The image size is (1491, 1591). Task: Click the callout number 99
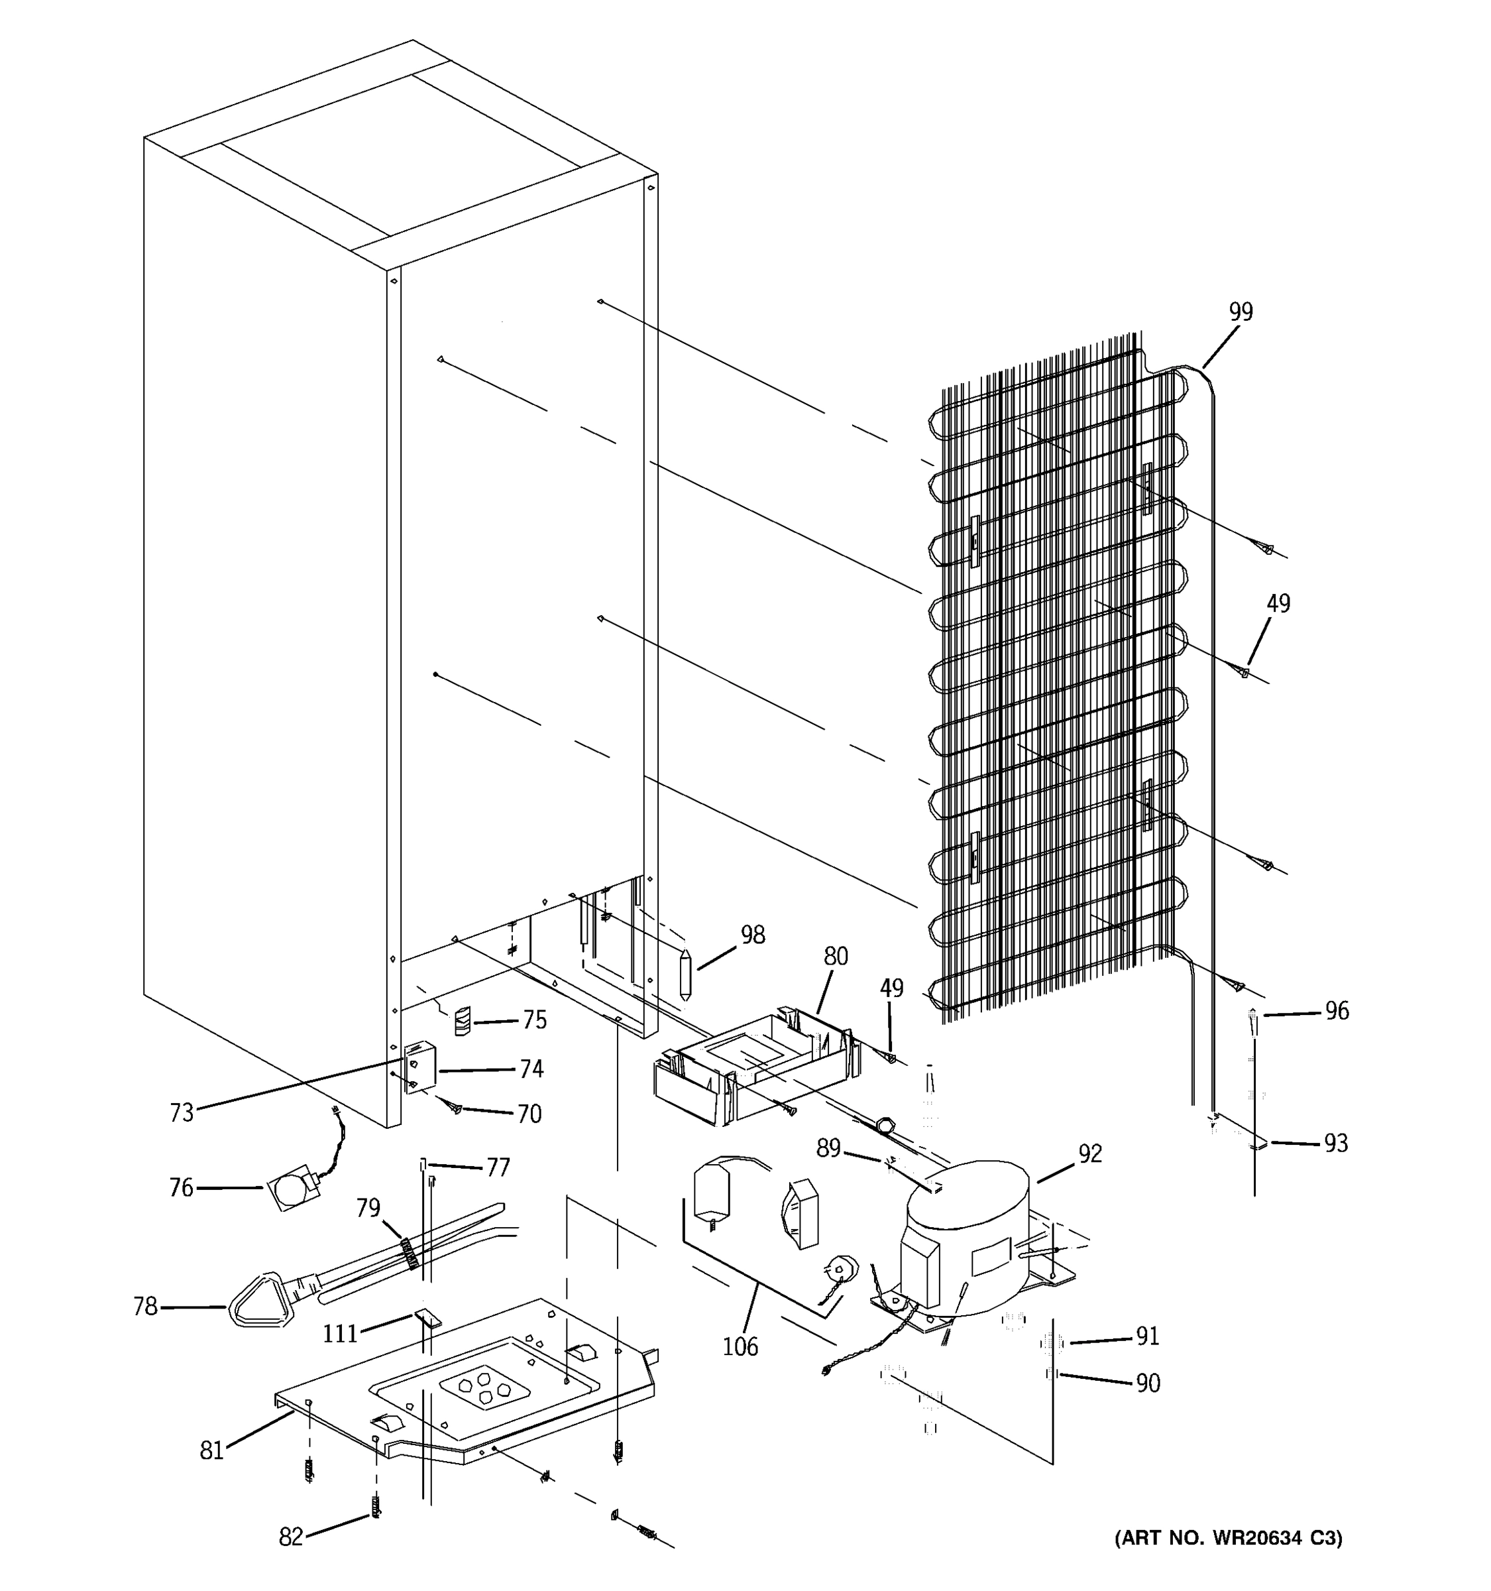pyautogui.click(x=1240, y=312)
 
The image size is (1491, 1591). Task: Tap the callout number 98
pyautogui.click(x=752, y=935)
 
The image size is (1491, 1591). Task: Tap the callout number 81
pyautogui.click(x=211, y=1450)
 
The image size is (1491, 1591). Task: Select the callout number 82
pyautogui.click(x=290, y=1537)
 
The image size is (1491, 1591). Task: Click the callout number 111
pyautogui.click(x=340, y=1333)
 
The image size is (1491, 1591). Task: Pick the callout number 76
pyautogui.click(x=181, y=1188)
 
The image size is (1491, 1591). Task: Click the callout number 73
pyautogui.click(x=182, y=1112)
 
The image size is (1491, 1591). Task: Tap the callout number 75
pyautogui.click(x=534, y=1020)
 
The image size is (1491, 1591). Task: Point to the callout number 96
pyautogui.click(x=1337, y=1011)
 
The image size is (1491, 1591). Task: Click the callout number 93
pyautogui.click(x=1335, y=1144)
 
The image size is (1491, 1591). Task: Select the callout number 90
pyautogui.click(x=1148, y=1383)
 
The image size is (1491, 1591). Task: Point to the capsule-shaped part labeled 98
pyautogui.click(x=685, y=973)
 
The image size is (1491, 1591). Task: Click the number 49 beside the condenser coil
pyautogui.click(x=1278, y=603)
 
